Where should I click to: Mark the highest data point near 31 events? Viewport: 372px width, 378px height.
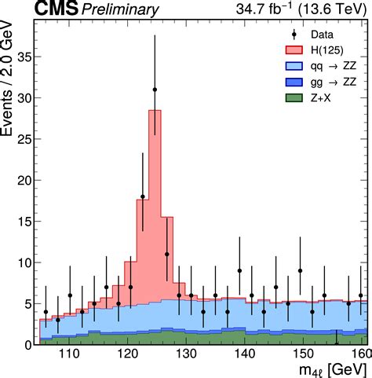[x=155, y=90]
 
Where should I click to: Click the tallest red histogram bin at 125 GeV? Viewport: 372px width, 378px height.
[x=155, y=196]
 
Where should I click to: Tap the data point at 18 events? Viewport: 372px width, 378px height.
[x=143, y=196]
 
